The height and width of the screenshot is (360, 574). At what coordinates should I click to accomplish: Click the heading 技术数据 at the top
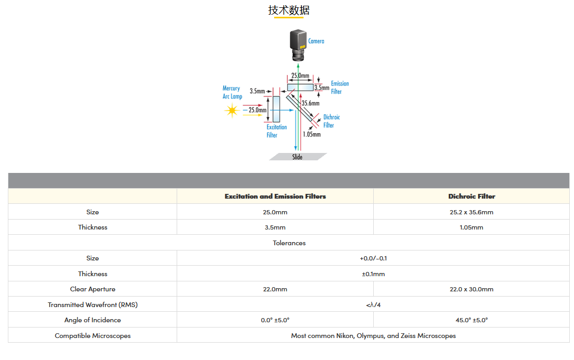(289, 10)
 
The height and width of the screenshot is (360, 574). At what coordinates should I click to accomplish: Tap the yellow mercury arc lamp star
(231, 111)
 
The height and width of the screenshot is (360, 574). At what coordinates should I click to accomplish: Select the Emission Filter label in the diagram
(340, 88)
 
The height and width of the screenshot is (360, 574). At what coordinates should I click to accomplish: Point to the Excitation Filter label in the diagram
(276, 131)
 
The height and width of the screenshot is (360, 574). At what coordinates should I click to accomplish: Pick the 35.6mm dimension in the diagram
(310, 103)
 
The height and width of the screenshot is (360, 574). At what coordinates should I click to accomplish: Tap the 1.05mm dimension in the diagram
(311, 134)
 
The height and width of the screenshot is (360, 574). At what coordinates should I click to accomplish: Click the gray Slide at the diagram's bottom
(298, 157)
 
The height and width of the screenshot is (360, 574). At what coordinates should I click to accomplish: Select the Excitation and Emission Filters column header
(275, 197)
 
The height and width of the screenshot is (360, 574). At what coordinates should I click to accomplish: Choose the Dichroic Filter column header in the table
(471, 197)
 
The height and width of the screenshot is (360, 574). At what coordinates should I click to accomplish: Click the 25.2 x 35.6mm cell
(471, 212)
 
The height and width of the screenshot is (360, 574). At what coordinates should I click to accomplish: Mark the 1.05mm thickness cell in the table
(471, 227)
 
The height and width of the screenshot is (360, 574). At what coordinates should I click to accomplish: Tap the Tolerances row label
(289, 243)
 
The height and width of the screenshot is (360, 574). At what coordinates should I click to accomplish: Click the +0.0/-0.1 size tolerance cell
(373, 258)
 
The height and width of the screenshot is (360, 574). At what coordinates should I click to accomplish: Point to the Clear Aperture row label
(93, 289)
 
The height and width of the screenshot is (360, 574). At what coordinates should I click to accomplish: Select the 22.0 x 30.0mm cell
(471, 289)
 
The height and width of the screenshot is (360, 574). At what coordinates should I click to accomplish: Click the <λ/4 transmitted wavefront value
(373, 305)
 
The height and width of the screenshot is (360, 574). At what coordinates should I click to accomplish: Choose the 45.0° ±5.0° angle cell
(471, 320)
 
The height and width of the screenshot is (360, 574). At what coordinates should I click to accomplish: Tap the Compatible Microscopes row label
(93, 336)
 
